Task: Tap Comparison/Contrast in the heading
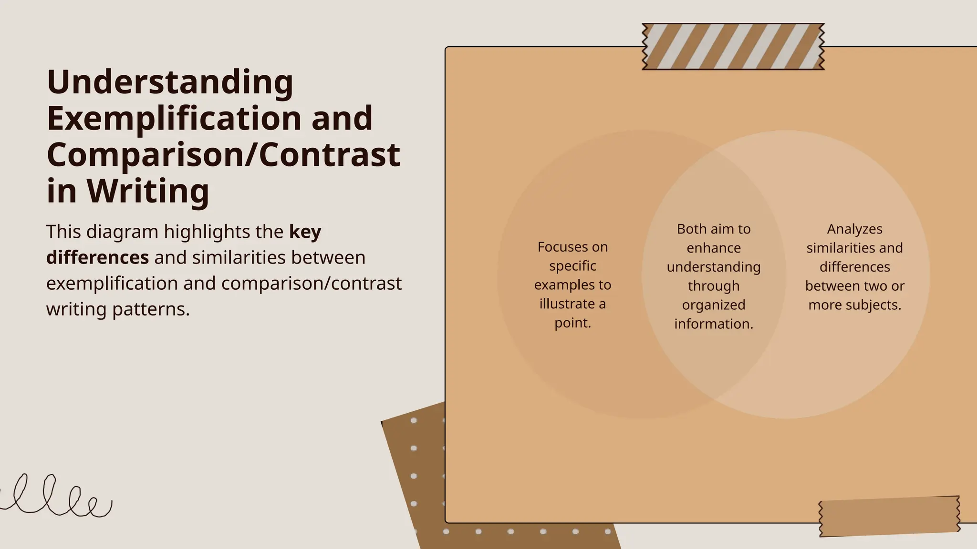tap(223, 155)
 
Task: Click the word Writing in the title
tap(148, 191)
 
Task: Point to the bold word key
tap(305, 232)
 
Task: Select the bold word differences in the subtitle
tap(97, 258)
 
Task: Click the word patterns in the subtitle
tap(151, 309)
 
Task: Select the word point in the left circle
tap(572, 323)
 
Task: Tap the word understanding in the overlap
tap(714, 267)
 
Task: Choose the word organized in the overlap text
tap(714, 305)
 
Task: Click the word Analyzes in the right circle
tap(854, 229)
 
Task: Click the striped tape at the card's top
tap(733, 47)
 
